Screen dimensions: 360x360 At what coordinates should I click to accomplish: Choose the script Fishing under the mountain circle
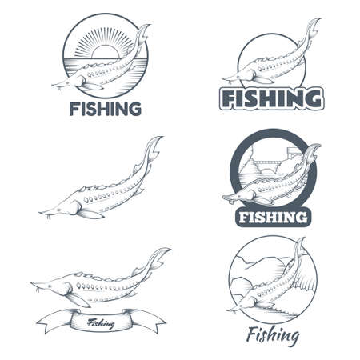click(273, 334)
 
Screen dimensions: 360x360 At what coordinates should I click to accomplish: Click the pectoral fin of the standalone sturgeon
click(90, 212)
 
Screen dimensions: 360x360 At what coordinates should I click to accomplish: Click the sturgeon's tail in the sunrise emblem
click(142, 34)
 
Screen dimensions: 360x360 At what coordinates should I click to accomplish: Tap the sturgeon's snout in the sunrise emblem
click(56, 83)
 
